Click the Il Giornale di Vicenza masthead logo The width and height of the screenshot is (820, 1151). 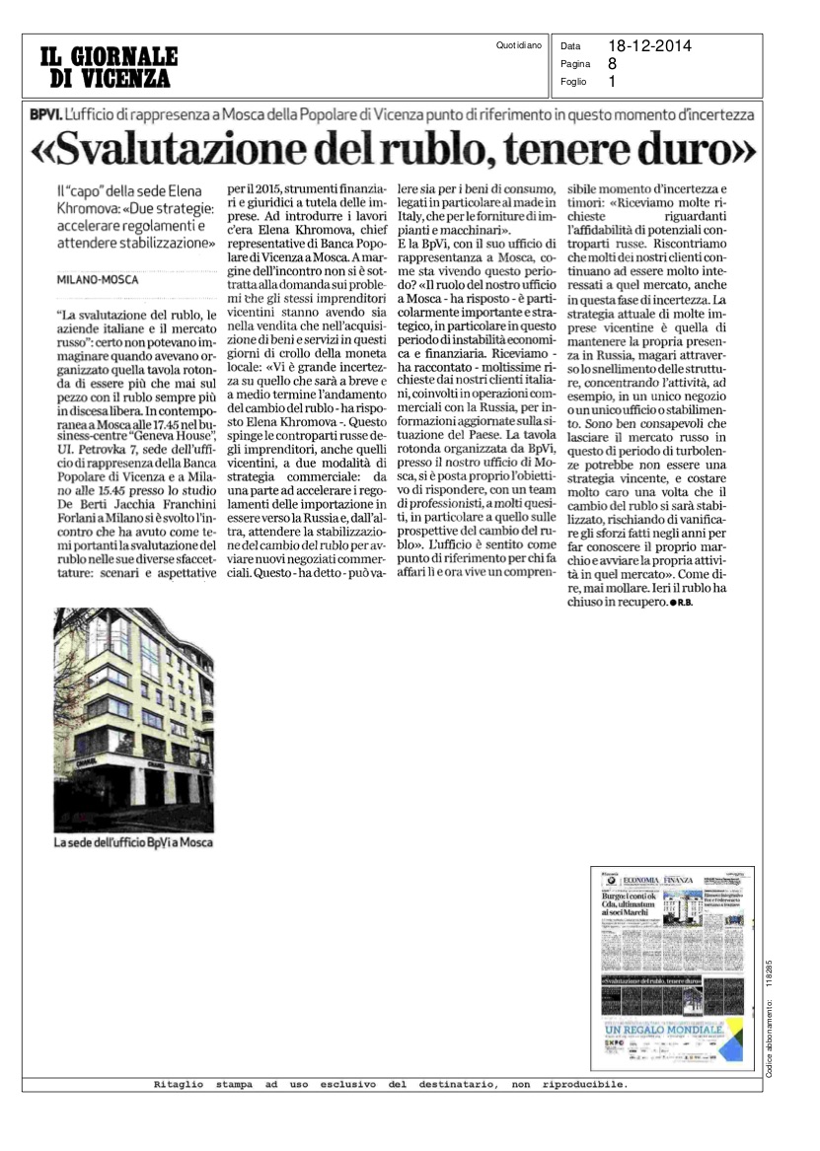click(109, 66)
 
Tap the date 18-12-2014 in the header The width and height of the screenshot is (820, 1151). click(649, 45)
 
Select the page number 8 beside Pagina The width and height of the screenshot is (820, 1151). click(613, 64)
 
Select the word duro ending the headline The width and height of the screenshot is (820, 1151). click(700, 150)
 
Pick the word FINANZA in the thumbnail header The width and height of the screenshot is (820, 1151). click(678, 879)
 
